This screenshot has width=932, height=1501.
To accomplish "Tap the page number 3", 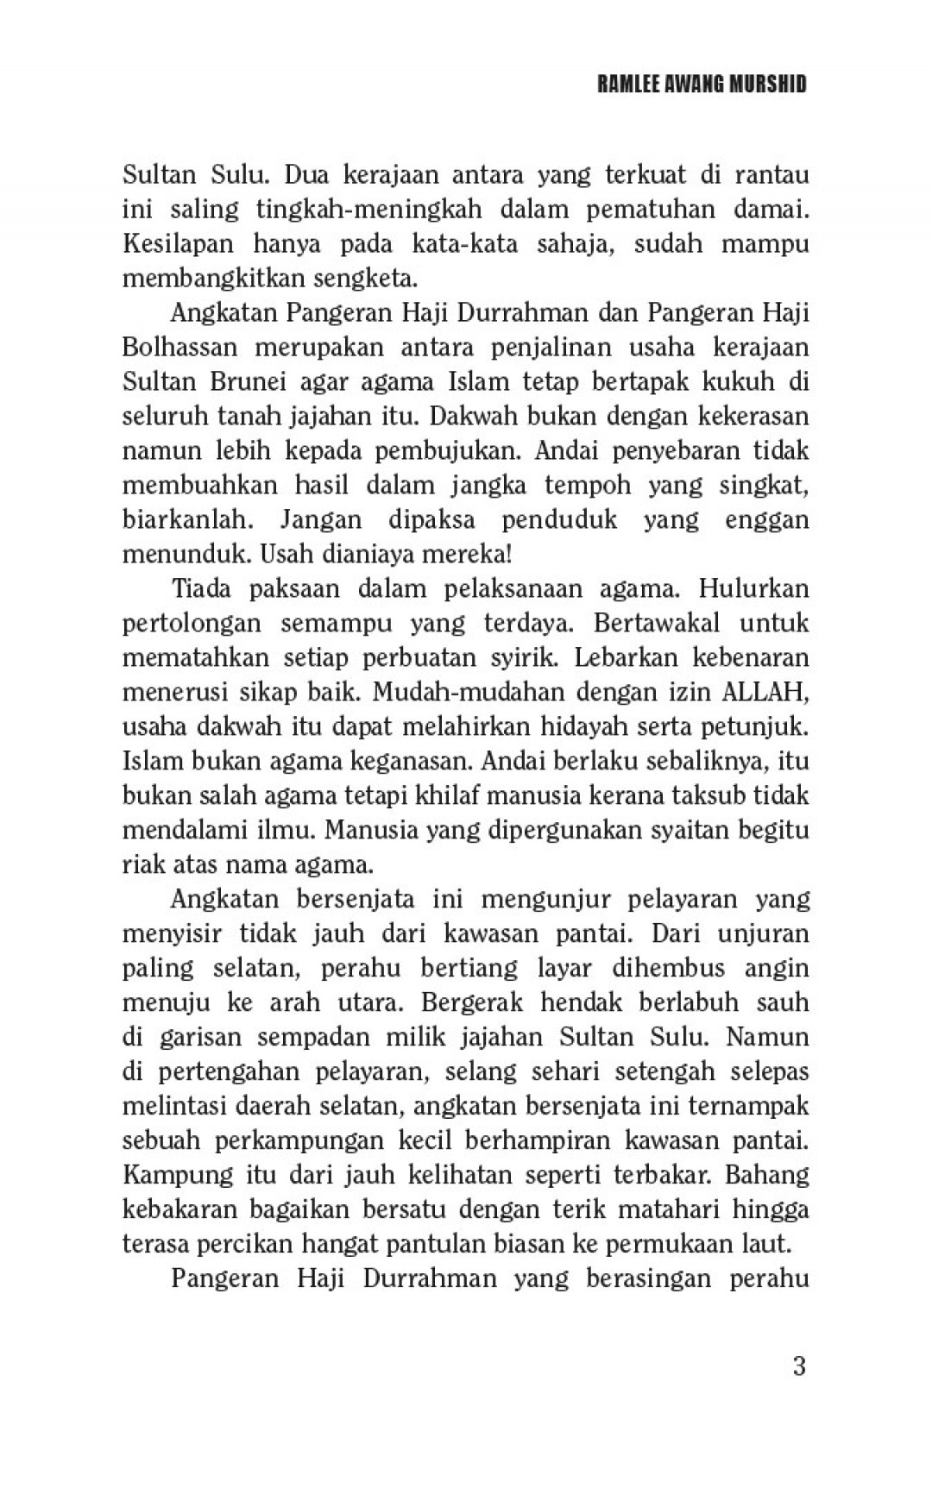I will (x=798, y=1366).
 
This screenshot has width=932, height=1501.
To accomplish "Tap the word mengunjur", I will (x=545, y=899).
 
